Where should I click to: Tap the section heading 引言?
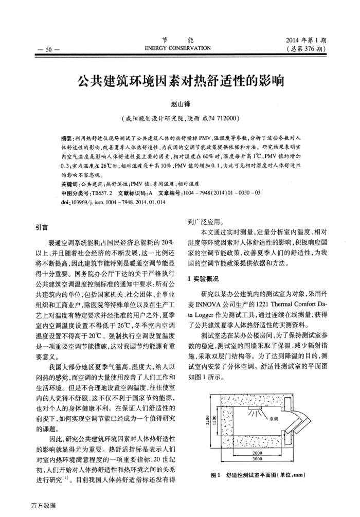40,226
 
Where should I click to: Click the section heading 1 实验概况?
206,279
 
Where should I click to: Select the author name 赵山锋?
180,104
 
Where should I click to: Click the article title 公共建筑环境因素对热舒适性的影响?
180,82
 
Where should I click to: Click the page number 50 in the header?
49,49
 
